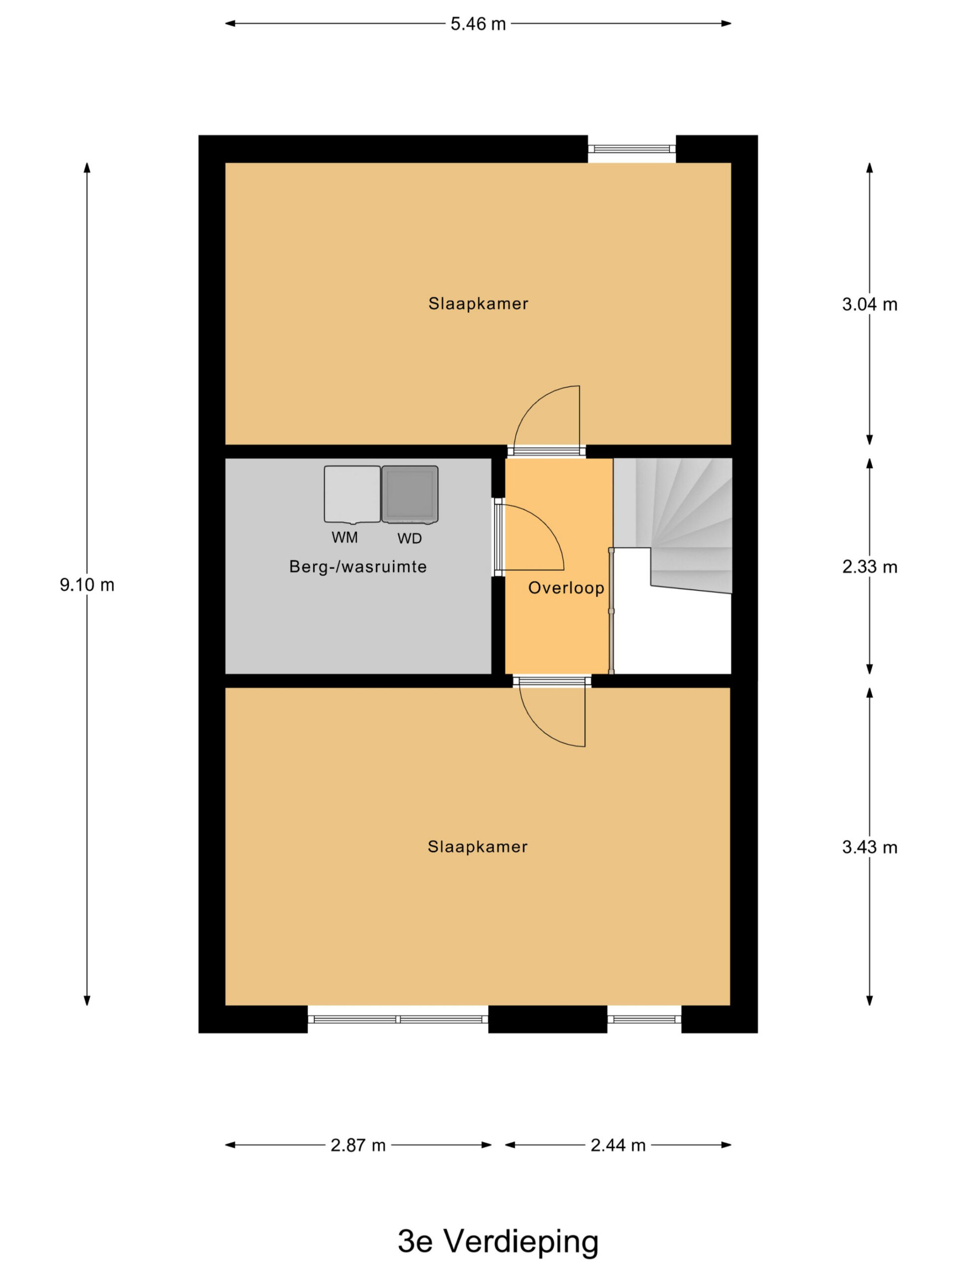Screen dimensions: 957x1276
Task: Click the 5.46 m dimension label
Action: tap(478, 23)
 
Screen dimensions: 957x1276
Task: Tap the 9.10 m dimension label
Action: tap(87, 585)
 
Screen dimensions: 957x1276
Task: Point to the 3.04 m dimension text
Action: tap(869, 304)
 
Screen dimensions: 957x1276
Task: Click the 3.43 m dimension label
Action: tap(869, 847)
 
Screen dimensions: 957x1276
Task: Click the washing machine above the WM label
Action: tap(352, 494)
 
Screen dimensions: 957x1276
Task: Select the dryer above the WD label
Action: tap(410, 494)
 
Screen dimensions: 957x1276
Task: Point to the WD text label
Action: tap(410, 538)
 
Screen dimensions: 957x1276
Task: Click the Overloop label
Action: tap(566, 588)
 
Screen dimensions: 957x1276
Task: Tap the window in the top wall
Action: tap(632, 149)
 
